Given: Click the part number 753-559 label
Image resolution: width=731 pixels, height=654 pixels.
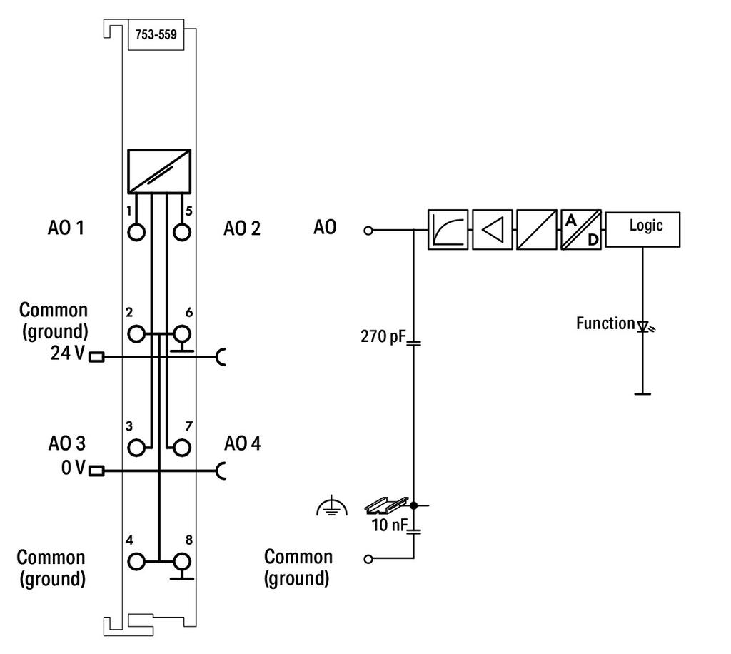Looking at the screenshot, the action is pyautogui.click(x=156, y=34).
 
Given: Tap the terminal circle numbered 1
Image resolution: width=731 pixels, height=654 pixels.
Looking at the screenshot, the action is pyautogui.click(x=136, y=231).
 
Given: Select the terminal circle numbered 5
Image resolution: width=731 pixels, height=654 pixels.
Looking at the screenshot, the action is pyautogui.click(x=182, y=231).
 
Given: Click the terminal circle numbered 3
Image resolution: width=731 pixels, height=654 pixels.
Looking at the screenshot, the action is pyautogui.click(x=136, y=448).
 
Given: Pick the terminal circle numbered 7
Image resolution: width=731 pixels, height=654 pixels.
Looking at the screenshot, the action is pyautogui.click(x=182, y=448).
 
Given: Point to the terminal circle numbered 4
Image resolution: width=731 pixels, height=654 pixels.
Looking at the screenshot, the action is pyautogui.click(x=136, y=562).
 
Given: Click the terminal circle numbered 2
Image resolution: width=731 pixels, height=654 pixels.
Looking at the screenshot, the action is pyautogui.click(x=136, y=334).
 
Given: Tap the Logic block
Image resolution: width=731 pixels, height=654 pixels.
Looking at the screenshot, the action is pyautogui.click(x=642, y=229).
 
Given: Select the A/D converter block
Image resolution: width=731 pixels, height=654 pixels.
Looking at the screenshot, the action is pyautogui.click(x=581, y=230).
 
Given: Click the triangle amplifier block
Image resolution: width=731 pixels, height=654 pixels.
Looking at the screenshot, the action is pyautogui.click(x=493, y=230).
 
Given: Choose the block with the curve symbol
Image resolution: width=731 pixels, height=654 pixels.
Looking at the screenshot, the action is pyautogui.click(x=448, y=230).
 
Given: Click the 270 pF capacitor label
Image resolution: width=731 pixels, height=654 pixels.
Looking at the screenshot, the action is pyautogui.click(x=383, y=336).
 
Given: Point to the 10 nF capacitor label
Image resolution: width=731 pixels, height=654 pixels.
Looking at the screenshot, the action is pyautogui.click(x=389, y=525).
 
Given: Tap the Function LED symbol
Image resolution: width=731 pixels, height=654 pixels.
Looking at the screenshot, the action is pyautogui.click(x=645, y=326).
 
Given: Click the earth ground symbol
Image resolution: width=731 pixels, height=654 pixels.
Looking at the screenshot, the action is pyautogui.click(x=331, y=505).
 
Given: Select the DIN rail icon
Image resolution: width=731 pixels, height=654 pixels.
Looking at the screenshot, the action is pyautogui.click(x=386, y=505).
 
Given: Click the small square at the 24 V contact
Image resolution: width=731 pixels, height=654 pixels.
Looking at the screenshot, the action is pyautogui.click(x=96, y=357).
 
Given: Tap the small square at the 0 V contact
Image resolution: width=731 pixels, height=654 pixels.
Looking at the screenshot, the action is pyautogui.click(x=96, y=471).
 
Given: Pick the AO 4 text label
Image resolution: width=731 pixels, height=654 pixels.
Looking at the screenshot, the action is pyautogui.click(x=243, y=443).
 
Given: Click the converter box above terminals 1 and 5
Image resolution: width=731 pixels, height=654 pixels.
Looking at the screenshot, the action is pyautogui.click(x=159, y=171).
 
